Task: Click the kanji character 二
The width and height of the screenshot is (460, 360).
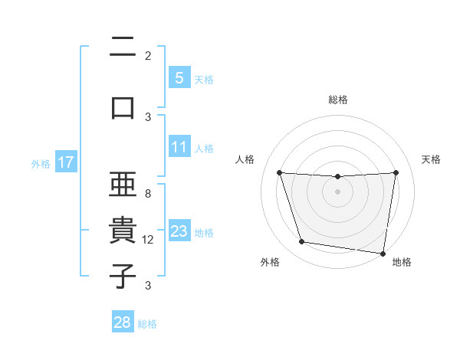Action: point(123,47)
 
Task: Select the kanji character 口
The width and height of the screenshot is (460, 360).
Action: point(123,106)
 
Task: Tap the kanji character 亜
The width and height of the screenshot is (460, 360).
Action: point(123,186)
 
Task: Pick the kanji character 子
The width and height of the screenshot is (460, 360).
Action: point(123,276)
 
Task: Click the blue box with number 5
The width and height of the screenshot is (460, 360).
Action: point(179,78)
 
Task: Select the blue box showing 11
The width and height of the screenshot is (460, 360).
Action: point(179,147)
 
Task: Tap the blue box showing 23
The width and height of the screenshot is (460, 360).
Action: point(179,232)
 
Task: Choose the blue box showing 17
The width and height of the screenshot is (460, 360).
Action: point(66,162)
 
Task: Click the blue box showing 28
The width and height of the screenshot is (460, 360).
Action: point(123,323)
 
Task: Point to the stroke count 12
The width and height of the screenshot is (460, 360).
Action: point(148,240)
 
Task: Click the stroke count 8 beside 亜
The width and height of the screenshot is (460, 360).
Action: point(148,194)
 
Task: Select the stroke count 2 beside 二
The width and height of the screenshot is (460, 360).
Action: point(148,55)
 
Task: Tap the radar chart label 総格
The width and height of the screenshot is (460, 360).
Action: point(338,100)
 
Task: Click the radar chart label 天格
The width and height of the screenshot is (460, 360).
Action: point(432,159)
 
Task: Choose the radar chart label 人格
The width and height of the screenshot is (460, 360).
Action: point(245,159)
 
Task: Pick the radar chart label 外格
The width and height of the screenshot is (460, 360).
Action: point(270,262)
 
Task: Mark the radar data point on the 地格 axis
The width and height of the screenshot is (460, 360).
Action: point(383,253)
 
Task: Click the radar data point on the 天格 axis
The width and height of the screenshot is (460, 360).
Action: point(396,172)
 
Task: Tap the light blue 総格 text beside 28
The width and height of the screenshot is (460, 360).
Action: point(147,324)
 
